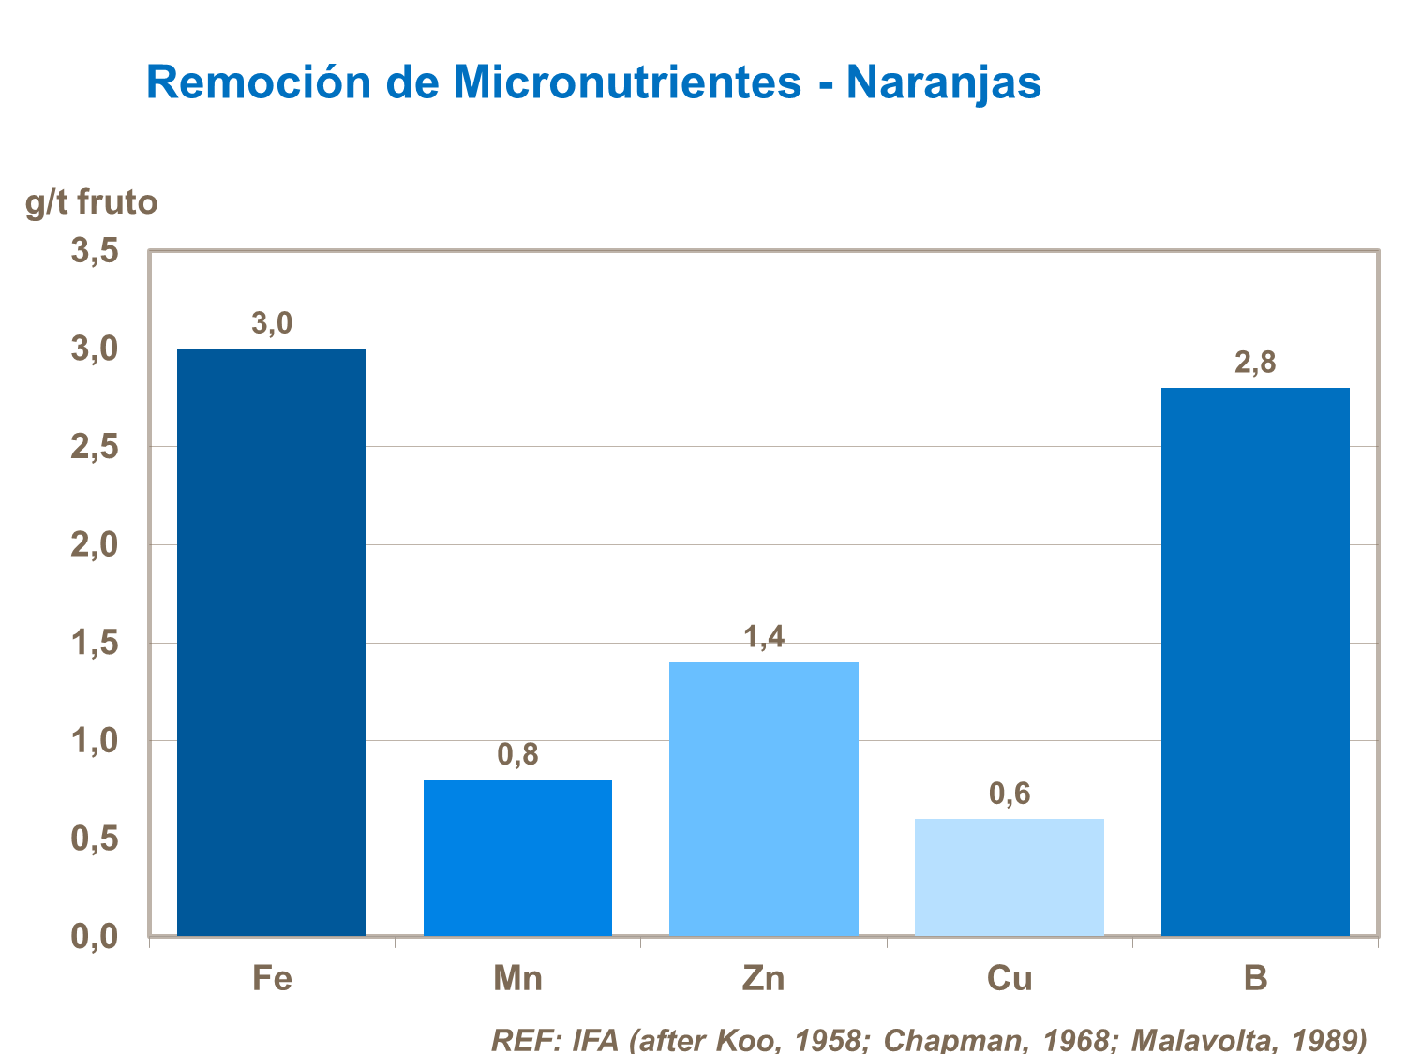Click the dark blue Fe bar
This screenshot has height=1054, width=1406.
(x=272, y=642)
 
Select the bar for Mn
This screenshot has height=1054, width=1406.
(x=517, y=857)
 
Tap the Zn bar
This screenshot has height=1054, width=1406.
(x=763, y=798)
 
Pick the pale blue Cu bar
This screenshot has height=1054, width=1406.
(x=1010, y=877)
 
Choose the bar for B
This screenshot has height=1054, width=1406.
(x=1255, y=661)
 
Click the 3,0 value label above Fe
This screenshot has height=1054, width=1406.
(x=272, y=324)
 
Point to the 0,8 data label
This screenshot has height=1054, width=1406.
(x=517, y=755)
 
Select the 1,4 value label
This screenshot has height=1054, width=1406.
(x=763, y=638)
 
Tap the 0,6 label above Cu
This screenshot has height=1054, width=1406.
(x=1010, y=794)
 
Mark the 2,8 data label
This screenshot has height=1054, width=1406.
(x=1255, y=364)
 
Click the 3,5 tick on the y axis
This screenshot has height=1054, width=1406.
(x=95, y=251)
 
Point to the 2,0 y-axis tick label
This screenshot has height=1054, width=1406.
(x=95, y=545)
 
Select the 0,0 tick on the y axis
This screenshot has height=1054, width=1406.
(x=95, y=936)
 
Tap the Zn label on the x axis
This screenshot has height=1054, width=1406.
(x=763, y=979)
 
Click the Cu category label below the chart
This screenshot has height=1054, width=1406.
(x=1010, y=979)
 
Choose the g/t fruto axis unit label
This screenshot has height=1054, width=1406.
(x=92, y=201)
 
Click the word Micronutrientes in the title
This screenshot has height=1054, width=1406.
(x=627, y=82)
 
